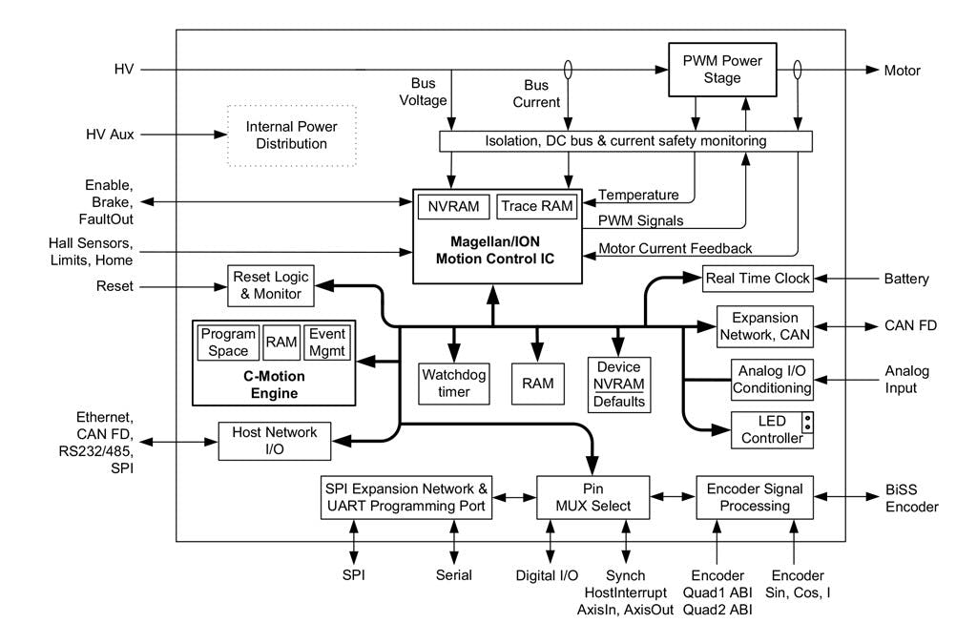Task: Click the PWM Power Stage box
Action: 721,70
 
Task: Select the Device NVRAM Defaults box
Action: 618,384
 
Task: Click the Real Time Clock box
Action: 758,279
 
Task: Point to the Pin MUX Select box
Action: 592,496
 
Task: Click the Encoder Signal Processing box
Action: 755,496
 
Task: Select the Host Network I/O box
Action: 274,442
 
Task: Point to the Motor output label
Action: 903,70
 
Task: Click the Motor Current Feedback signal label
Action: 676,249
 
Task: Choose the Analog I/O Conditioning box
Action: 773,379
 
